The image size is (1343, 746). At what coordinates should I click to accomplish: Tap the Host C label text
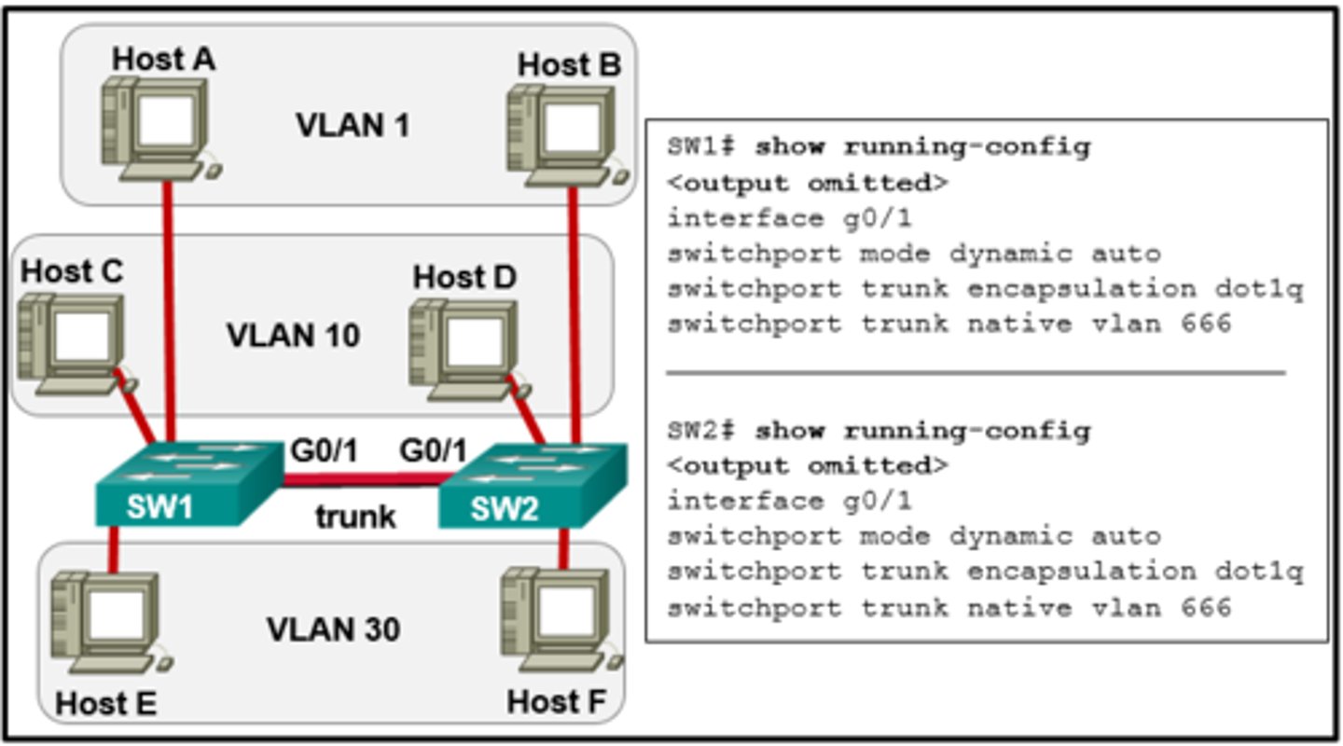(x=71, y=271)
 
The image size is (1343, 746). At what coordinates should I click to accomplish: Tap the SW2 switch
(x=532, y=485)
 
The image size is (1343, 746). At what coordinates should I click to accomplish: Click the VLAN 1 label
(x=352, y=125)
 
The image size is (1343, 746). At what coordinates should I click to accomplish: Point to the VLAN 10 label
(x=293, y=335)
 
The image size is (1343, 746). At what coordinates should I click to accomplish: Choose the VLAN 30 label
(x=333, y=629)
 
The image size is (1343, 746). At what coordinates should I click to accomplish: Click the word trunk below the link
(x=354, y=516)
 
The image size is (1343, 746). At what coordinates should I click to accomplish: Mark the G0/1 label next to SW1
(x=324, y=451)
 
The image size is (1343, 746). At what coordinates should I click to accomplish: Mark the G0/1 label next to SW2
(x=433, y=451)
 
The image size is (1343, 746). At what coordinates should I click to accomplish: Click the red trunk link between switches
(x=362, y=480)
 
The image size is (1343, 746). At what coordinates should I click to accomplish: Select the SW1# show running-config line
(x=878, y=147)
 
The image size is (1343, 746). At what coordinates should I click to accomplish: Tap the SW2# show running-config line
(x=878, y=431)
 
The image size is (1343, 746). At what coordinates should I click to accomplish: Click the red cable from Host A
(x=169, y=308)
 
